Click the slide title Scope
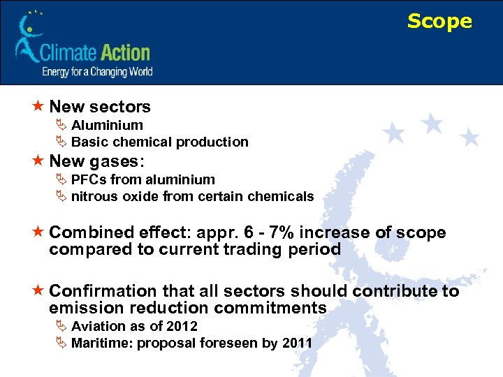[x=439, y=22]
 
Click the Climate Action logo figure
[x=27, y=38]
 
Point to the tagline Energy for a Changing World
[x=97, y=72]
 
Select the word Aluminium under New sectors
[x=107, y=126]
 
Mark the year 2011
[x=297, y=343]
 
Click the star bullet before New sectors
[x=38, y=107]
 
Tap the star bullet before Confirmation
[x=38, y=291]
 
